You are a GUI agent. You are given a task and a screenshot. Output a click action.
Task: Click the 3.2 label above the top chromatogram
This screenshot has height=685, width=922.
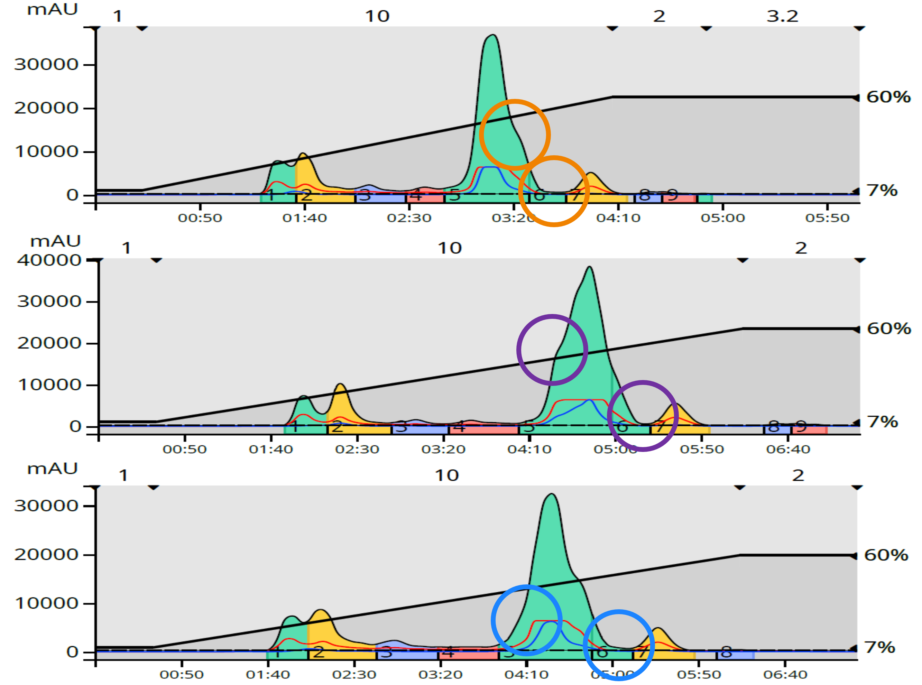click(782, 17)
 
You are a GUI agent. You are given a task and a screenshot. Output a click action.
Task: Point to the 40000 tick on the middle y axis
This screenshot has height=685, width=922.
click(49, 260)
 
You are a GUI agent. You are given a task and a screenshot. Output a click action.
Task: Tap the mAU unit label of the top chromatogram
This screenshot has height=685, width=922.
click(52, 9)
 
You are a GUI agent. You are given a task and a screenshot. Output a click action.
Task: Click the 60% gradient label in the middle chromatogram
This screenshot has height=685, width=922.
click(889, 329)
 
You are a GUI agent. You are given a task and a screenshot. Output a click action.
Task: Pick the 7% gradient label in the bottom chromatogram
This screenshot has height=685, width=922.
click(880, 647)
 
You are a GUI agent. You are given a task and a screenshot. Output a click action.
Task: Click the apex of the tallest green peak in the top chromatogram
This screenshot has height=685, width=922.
click(492, 35)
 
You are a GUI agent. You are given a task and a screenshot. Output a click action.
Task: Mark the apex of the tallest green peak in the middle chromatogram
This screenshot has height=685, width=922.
click(589, 267)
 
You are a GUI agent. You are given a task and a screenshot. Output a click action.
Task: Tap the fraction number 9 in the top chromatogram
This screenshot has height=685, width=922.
click(672, 195)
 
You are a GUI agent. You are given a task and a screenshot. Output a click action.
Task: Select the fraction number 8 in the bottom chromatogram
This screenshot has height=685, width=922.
click(726, 652)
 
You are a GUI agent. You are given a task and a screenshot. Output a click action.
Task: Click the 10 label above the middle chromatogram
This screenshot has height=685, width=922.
click(450, 248)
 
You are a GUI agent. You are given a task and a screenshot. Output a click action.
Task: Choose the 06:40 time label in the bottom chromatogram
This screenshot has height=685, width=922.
click(785, 675)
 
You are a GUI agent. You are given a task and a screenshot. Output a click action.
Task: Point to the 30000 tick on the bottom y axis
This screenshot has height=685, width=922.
click(46, 506)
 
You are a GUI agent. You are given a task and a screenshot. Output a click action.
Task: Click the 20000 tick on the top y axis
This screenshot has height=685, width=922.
click(46, 108)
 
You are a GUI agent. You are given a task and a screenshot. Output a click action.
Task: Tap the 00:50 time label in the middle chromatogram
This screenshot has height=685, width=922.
click(185, 450)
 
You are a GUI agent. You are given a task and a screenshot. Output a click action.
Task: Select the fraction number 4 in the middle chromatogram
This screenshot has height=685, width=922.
click(459, 426)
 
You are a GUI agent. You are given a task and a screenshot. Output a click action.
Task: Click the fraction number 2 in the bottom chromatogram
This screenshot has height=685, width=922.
click(318, 652)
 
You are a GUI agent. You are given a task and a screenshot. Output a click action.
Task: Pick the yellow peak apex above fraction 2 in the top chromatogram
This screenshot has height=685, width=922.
click(303, 154)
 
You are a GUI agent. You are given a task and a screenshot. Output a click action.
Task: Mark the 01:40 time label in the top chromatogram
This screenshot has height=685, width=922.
click(304, 218)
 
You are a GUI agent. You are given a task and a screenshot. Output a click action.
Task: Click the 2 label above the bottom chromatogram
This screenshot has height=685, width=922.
click(798, 475)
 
